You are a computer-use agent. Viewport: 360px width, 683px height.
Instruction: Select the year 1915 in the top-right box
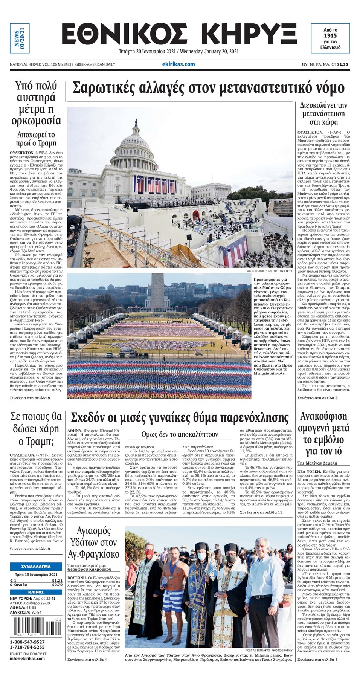[x=330, y=35]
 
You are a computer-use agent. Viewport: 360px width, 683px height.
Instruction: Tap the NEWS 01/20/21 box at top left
[x=19, y=38]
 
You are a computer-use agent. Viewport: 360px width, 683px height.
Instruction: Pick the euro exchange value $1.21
[x=57, y=581]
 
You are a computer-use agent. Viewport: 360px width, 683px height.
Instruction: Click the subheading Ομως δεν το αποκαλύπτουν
[x=180, y=434]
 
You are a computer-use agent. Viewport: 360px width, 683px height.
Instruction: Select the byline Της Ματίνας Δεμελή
[x=317, y=463]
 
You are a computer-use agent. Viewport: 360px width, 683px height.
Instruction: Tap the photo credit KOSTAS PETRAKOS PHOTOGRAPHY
[x=268, y=650]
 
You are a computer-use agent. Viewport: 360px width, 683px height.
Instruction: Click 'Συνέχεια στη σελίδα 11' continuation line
[x=261, y=512]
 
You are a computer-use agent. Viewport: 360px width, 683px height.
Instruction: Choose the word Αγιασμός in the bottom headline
[x=93, y=531]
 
